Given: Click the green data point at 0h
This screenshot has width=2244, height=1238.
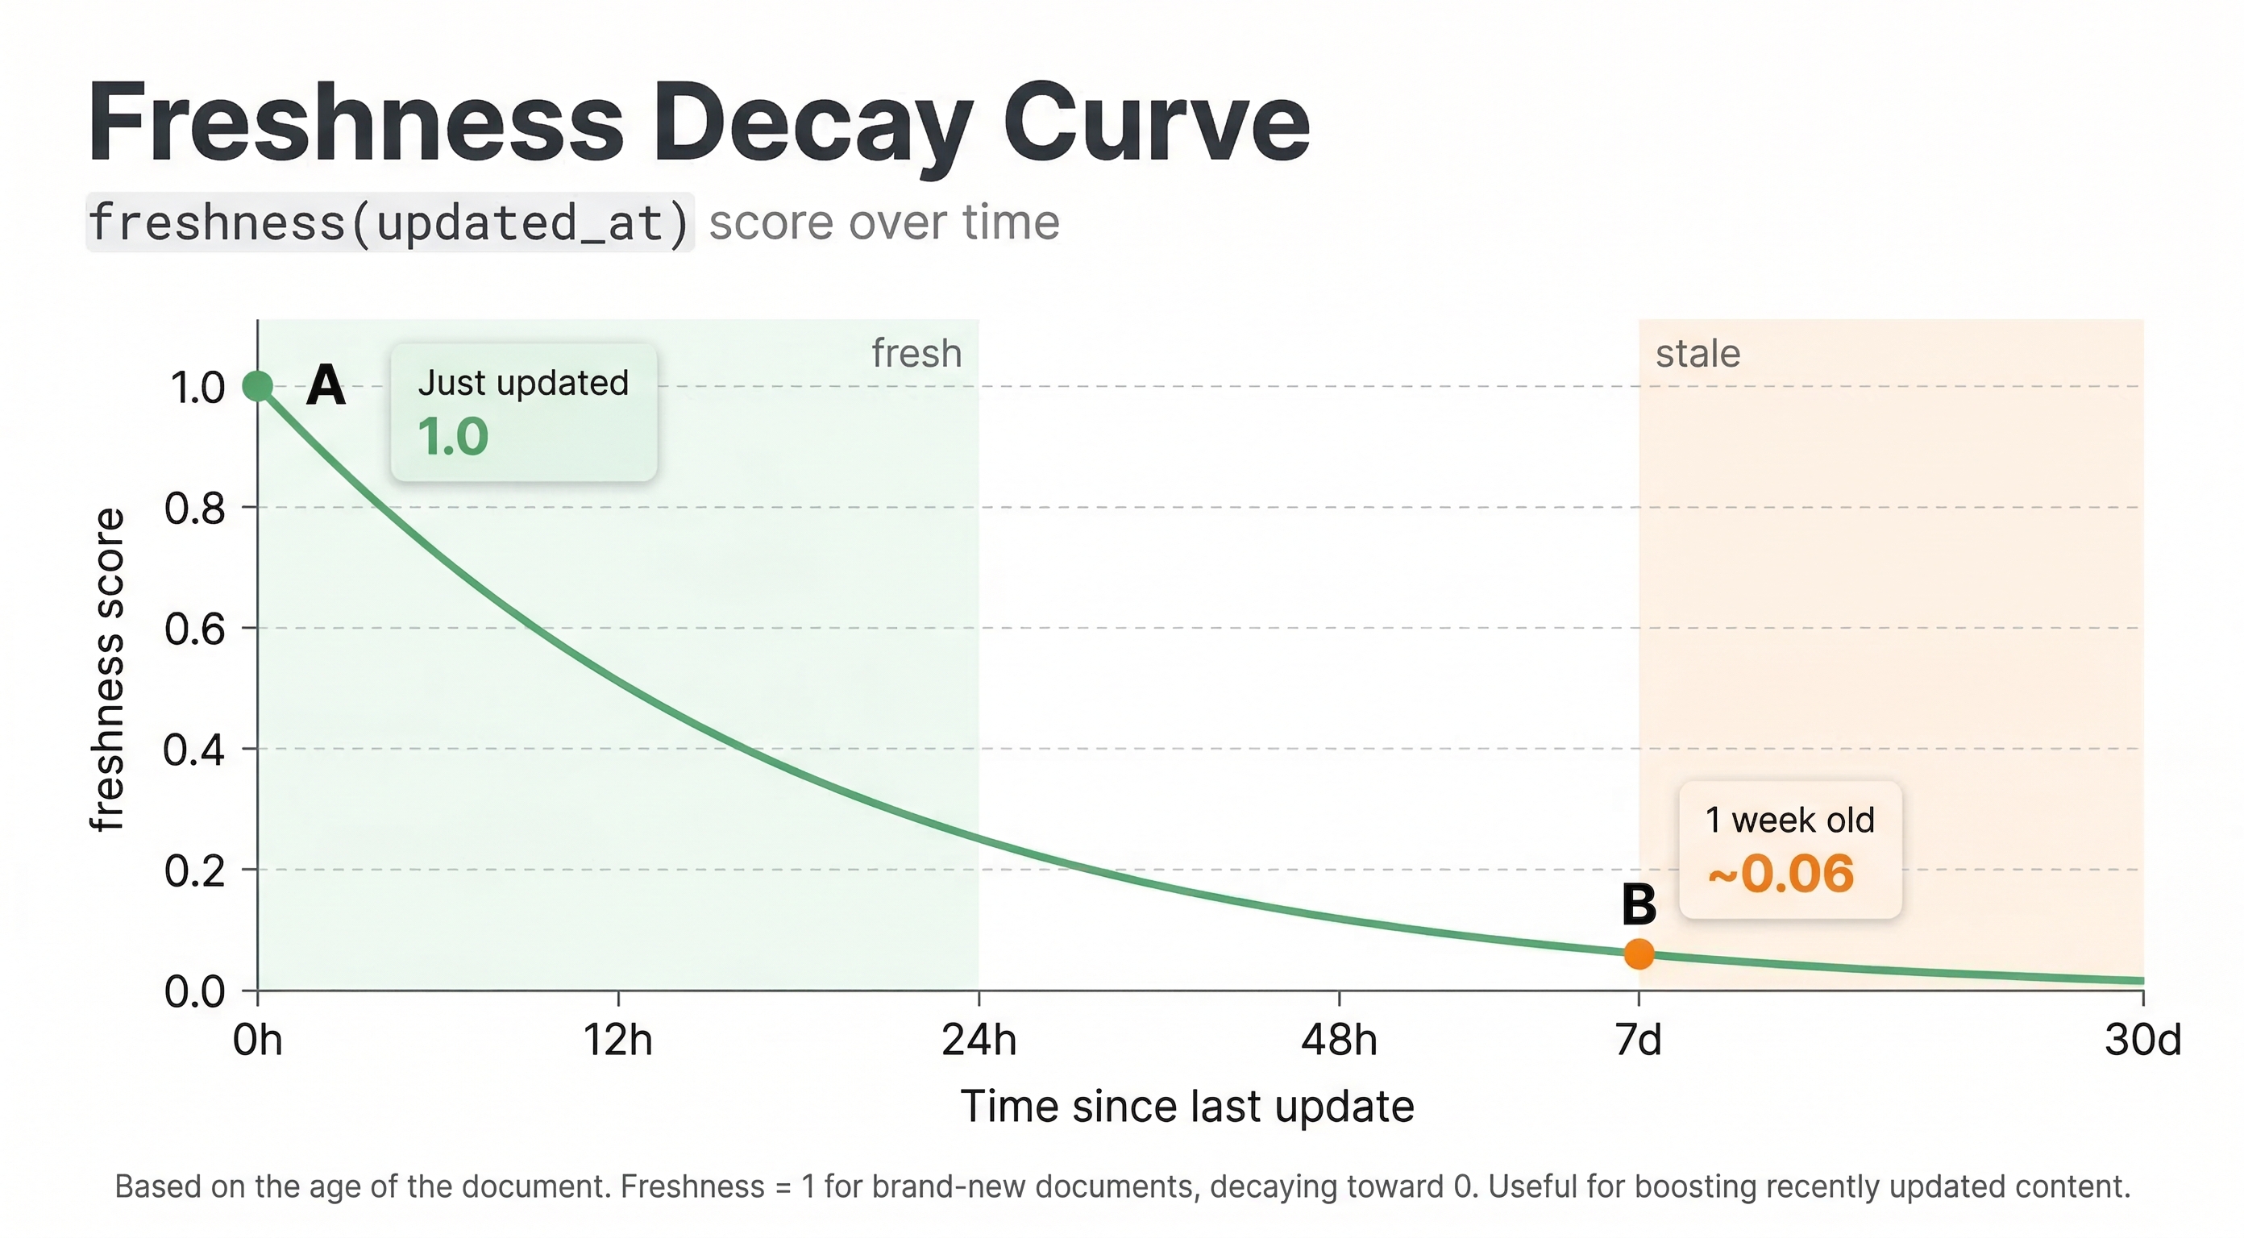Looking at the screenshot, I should tap(258, 386).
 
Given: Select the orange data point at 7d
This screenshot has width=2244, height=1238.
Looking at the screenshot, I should tap(1639, 954).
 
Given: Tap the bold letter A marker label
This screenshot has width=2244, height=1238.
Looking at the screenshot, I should tap(326, 385).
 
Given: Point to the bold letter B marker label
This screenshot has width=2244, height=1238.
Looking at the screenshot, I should tap(1639, 904).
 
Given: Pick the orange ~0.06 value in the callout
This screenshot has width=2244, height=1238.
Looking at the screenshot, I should tap(1781, 874).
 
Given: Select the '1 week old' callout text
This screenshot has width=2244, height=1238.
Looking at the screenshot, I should tap(1789, 820).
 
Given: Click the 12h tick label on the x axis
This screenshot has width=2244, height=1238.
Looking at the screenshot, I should tap(617, 1041).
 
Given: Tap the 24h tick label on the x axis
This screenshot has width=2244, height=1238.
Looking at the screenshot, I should tap(979, 1041).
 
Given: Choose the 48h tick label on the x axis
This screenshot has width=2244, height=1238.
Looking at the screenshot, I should tap(1339, 1041).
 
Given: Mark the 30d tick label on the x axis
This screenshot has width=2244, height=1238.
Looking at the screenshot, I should tap(2142, 1041).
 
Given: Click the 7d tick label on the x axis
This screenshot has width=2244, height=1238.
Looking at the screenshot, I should tap(1639, 1041).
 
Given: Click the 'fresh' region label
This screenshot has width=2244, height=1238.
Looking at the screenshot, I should tap(916, 354).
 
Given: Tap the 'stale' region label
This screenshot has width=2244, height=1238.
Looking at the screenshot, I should tap(1698, 355).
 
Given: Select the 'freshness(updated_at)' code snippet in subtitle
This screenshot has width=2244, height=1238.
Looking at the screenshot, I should tap(389, 222).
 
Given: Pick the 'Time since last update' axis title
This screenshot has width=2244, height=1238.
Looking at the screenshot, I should tap(1186, 1107).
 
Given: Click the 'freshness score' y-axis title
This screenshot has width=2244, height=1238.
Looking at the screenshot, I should tap(108, 669).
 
